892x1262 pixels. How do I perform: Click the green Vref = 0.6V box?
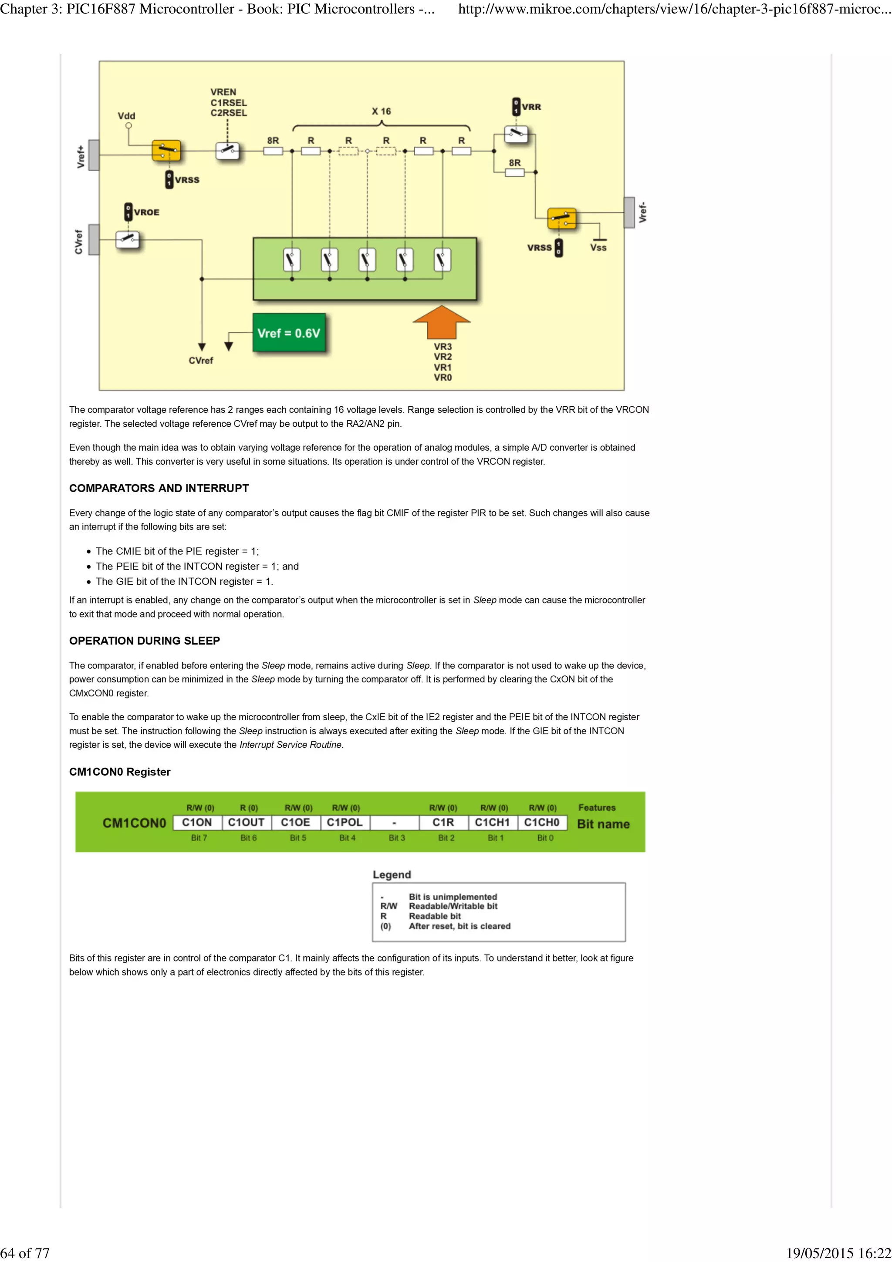[288, 333]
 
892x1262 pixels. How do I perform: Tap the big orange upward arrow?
[441, 323]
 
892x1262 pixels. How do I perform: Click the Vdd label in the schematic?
[126, 116]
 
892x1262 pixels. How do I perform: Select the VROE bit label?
[146, 212]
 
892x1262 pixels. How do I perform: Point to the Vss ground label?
[598, 247]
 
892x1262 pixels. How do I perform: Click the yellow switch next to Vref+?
[166, 151]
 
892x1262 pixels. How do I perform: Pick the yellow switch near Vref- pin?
[562, 218]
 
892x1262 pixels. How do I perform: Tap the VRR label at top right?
[531, 107]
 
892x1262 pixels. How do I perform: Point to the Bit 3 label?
[397, 838]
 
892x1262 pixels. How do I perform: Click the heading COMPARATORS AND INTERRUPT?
[159, 488]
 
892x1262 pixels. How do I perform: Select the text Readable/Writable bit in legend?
[453, 906]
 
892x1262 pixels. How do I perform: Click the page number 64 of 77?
[25, 1253]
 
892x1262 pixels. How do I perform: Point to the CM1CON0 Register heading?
[120, 772]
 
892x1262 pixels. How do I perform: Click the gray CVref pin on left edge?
[94, 240]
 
